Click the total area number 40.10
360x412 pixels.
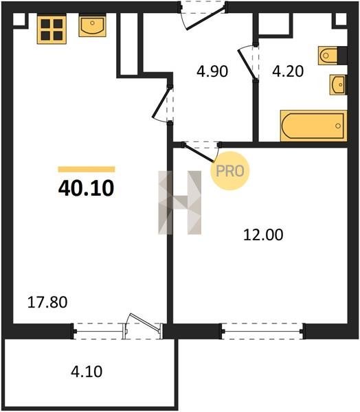click(x=86, y=188)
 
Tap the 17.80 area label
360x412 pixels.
click(x=47, y=302)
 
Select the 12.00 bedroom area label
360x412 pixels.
click(x=263, y=235)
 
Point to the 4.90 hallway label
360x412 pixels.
click(x=212, y=71)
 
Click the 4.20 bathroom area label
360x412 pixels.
click(x=288, y=71)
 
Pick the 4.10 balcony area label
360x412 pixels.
click(x=87, y=371)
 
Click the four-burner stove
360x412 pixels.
click(x=52, y=30)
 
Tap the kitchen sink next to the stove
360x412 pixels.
click(x=92, y=26)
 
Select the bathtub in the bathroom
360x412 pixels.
click(x=314, y=126)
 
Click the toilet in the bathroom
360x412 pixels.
click(x=328, y=56)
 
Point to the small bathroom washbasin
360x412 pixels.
click(x=338, y=84)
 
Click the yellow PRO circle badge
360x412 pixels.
click(x=230, y=171)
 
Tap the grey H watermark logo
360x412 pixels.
click(x=180, y=203)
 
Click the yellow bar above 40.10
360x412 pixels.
click(x=87, y=169)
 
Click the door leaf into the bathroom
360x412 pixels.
click(x=247, y=64)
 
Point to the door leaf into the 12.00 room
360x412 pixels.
click(x=199, y=153)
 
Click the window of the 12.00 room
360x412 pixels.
click(x=262, y=332)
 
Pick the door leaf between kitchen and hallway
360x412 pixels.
click(x=161, y=102)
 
